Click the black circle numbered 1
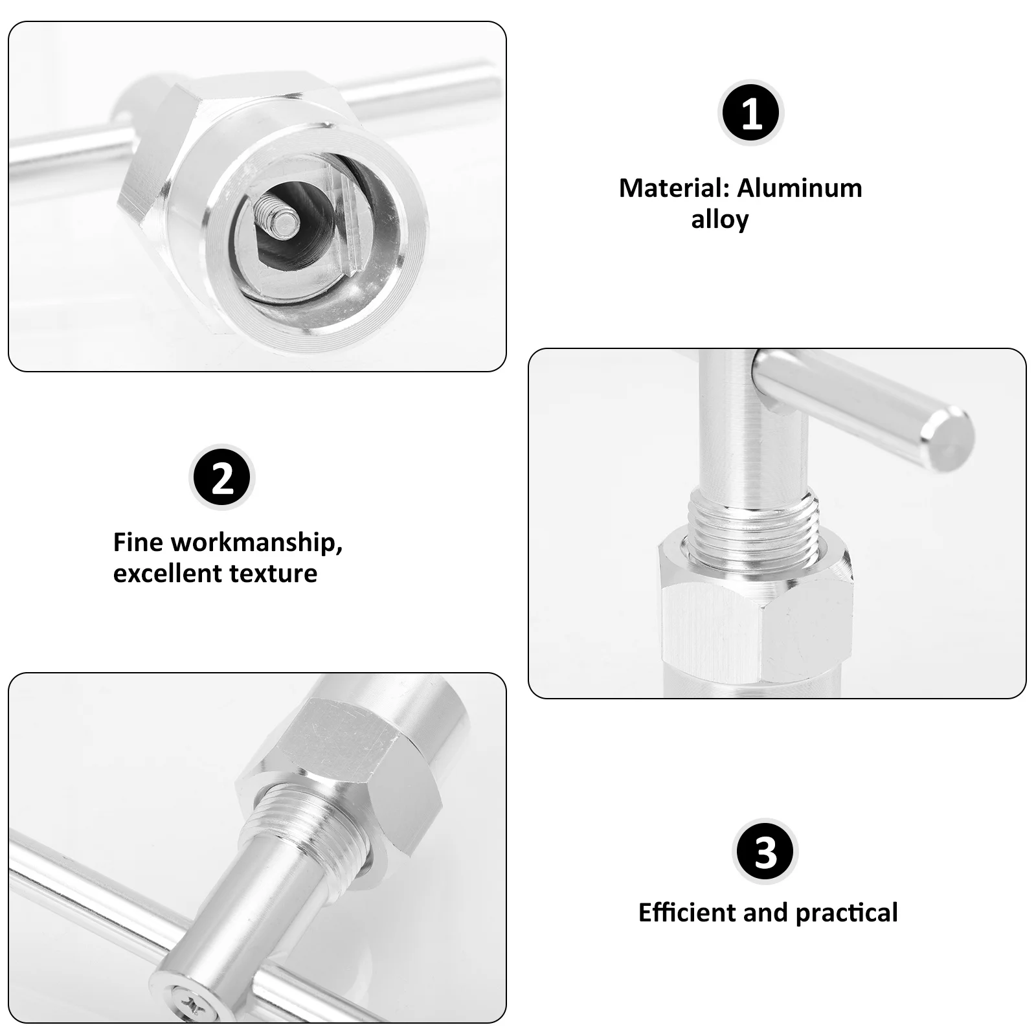click(751, 114)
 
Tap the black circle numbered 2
click(222, 479)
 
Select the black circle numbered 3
click(765, 852)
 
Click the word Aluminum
click(800, 188)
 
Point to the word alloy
click(719, 220)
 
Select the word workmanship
click(256, 542)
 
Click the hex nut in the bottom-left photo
click(337, 758)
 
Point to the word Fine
click(138, 542)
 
